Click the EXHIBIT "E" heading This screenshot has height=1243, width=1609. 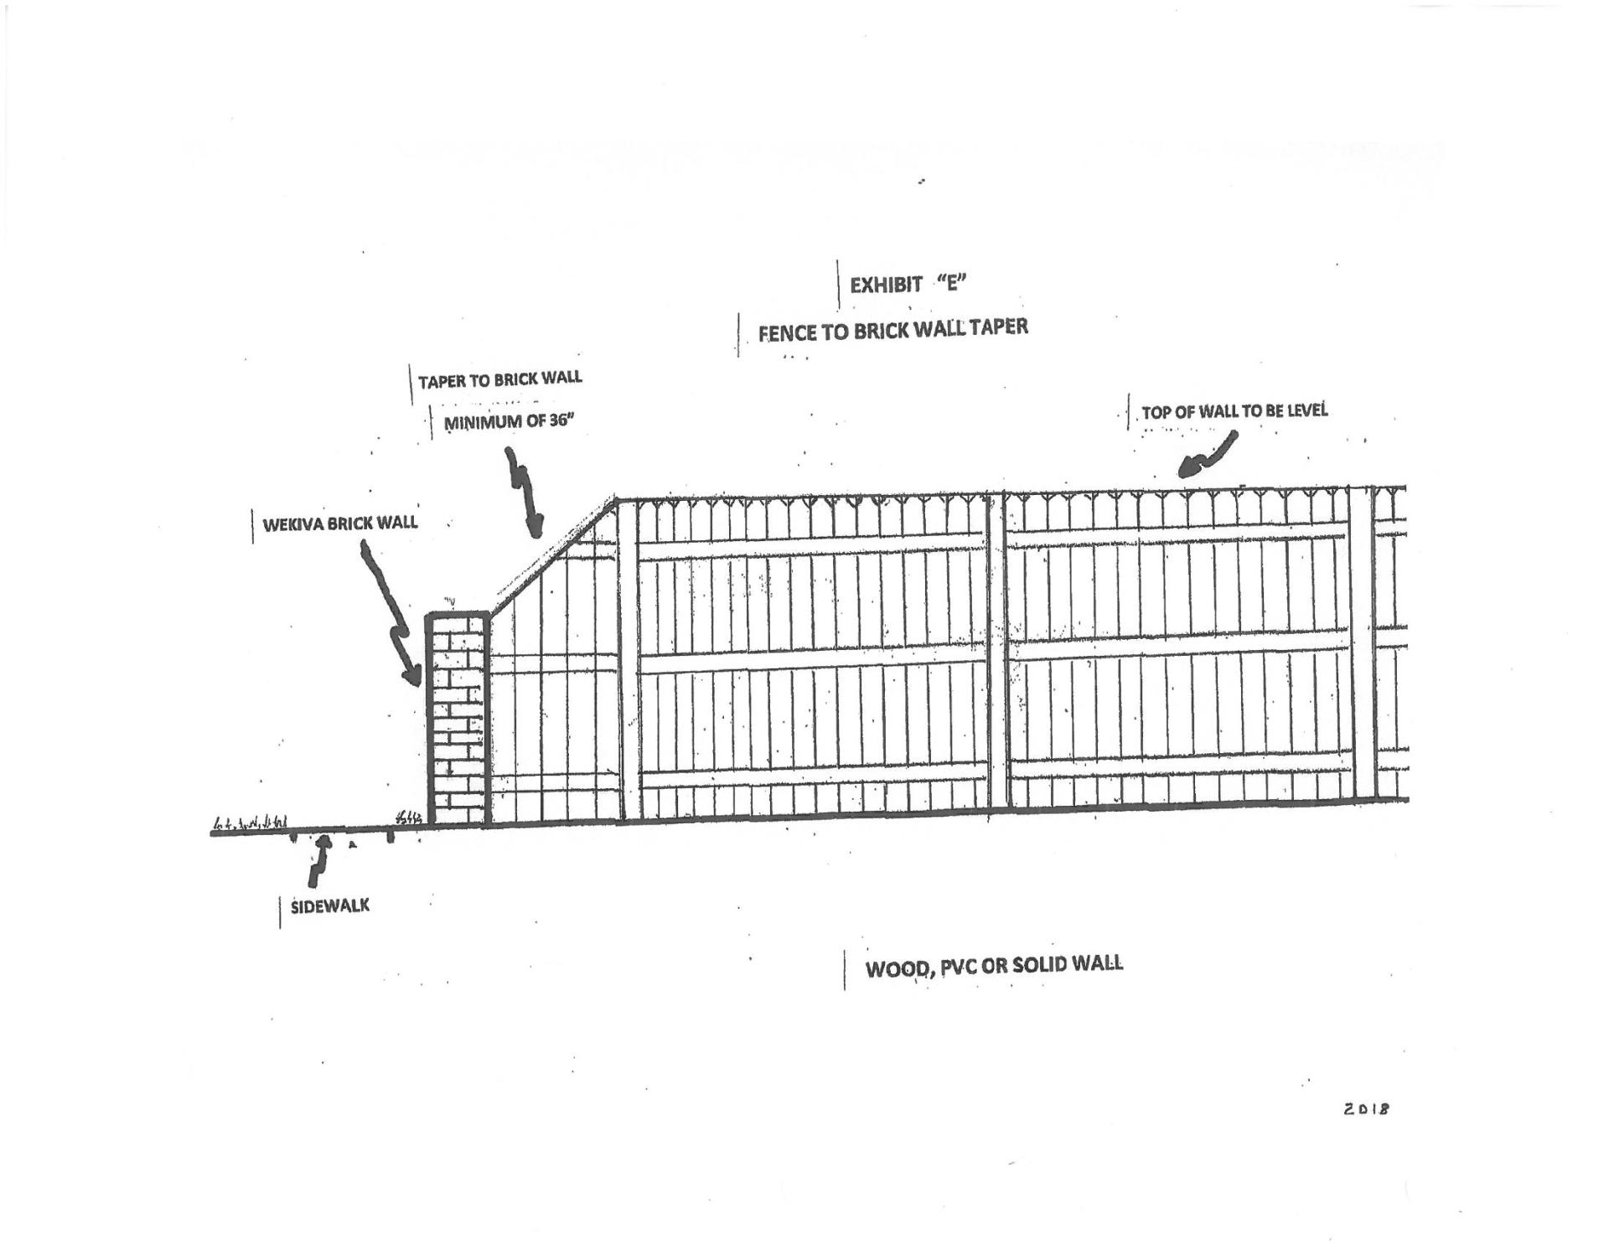coord(908,285)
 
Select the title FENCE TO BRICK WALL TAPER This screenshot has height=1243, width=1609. coord(892,329)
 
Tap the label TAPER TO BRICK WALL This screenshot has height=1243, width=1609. coord(499,379)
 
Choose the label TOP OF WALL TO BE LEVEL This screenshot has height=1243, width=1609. coord(1234,411)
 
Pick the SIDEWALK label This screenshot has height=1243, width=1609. coord(329,906)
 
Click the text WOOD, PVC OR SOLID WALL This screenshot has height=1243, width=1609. coord(994,966)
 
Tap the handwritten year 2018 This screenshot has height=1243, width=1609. coord(1366,1109)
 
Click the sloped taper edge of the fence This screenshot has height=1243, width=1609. coord(554,554)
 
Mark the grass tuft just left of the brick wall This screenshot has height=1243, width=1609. coord(408,817)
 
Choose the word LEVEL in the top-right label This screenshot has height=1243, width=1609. coord(1303,410)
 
